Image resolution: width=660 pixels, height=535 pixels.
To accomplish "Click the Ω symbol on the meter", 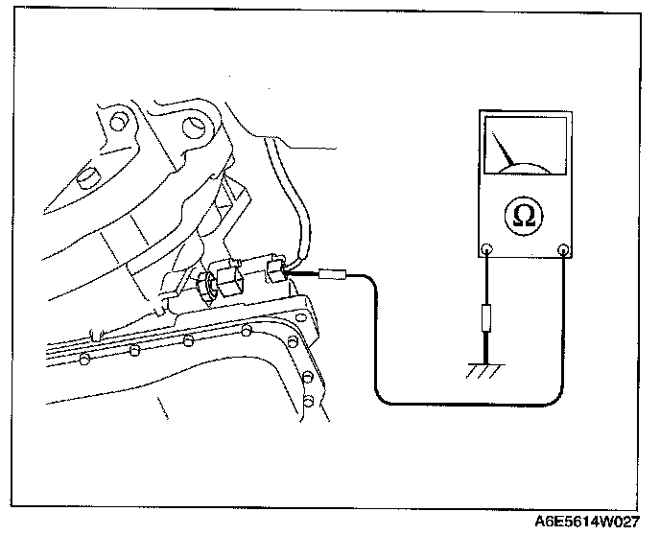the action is point(525,217).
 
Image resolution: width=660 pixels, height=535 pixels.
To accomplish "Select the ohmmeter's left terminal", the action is point(487,251).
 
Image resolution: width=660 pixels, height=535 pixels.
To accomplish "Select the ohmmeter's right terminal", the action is point(563,251).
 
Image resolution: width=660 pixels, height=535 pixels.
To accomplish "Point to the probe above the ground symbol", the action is point(488,316).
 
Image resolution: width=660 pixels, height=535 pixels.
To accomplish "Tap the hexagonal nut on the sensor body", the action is point(229,280).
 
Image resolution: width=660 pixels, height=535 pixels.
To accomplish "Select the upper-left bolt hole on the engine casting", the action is point(119,123).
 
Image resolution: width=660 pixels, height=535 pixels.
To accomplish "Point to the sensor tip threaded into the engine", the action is point(203,285).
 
